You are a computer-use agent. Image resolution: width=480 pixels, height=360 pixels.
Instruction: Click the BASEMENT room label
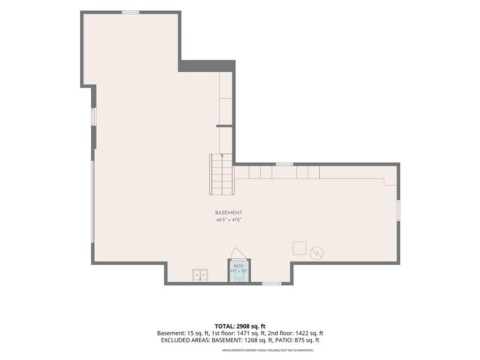(x=228, y=213)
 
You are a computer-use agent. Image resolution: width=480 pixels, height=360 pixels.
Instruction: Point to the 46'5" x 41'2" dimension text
(x=229, y=220)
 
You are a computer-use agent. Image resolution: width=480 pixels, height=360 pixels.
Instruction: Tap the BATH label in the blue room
(x=239, y=266)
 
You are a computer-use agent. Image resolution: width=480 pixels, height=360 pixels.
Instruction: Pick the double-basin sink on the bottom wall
(x=200, y=276)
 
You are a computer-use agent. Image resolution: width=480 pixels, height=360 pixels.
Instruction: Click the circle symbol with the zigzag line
(x=317, y=253)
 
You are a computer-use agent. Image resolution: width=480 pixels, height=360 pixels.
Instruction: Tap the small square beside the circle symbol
(x=300, y=248)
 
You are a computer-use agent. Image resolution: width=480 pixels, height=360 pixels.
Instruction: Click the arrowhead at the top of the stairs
(x=222, y=156)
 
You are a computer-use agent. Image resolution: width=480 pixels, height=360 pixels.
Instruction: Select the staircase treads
(x=222, y=174)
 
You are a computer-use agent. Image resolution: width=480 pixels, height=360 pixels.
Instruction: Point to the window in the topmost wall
(x=131, y=12)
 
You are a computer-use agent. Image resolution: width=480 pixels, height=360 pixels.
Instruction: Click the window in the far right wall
(x=398, y=210)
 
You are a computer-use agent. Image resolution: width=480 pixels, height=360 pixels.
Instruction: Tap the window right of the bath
(x=271, y=284)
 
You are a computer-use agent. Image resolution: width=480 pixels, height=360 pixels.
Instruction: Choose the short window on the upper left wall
(x=93, y=116)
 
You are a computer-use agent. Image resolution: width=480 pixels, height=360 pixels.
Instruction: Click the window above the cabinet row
(x=285, y=165)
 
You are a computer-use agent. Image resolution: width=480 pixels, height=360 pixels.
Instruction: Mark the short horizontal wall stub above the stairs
(x=225, y=126)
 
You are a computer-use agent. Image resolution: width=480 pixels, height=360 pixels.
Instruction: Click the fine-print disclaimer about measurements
(x=268, y=350)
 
